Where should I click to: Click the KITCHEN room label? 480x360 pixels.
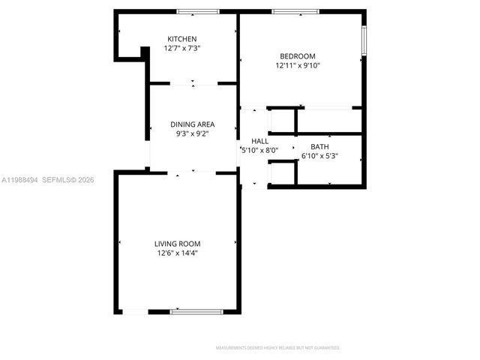(182, 39)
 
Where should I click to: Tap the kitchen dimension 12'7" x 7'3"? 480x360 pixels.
(182, 49)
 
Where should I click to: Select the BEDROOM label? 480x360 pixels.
(297, 56)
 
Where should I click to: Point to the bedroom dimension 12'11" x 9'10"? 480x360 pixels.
(297, 66)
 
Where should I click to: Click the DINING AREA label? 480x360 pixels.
(193, 124)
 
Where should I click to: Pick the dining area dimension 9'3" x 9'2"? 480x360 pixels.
(193, 134)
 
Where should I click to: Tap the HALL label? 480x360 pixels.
(259, 141)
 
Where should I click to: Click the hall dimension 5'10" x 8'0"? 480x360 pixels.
(259, 150)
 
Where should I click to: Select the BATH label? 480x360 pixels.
(319, 147)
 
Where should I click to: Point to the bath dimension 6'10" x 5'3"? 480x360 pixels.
(319, 157)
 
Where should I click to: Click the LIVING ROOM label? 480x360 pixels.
(177, 244)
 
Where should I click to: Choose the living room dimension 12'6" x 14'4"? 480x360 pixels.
(177, 253)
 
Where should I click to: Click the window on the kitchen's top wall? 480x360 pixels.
(197, 11)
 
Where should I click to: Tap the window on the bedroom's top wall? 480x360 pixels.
(293, 11)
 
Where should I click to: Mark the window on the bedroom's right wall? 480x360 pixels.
(364, 40)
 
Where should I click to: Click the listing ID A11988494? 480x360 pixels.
(19, 180)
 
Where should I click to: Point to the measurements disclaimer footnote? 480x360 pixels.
(277, 348)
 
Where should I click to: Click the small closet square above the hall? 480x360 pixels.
(282, 121)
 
